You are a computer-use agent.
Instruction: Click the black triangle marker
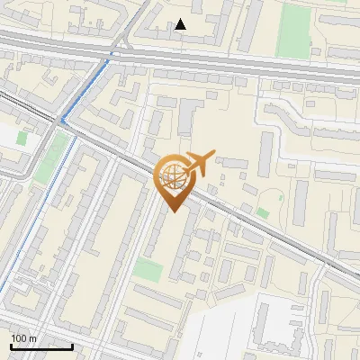(181, 24)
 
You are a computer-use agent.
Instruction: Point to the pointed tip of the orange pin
(172, 211)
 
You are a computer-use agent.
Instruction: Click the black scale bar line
(41, 346)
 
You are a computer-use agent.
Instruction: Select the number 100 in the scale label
(20, 338)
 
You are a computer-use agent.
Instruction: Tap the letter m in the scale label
(33, 338)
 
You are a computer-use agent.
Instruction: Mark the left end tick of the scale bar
(11, 345)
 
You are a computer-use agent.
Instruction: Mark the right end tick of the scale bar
(72, 345)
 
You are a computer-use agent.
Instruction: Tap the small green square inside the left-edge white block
(22, 139)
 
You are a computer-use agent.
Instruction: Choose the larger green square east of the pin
(262, 212)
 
